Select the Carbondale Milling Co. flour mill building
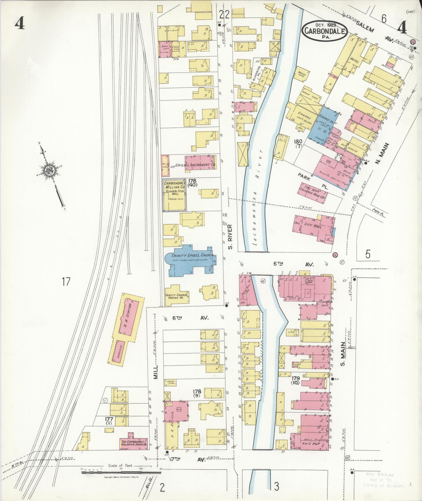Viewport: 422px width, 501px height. (175, 195)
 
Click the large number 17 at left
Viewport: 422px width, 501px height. (66, 282)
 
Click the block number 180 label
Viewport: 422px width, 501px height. (298, 142)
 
